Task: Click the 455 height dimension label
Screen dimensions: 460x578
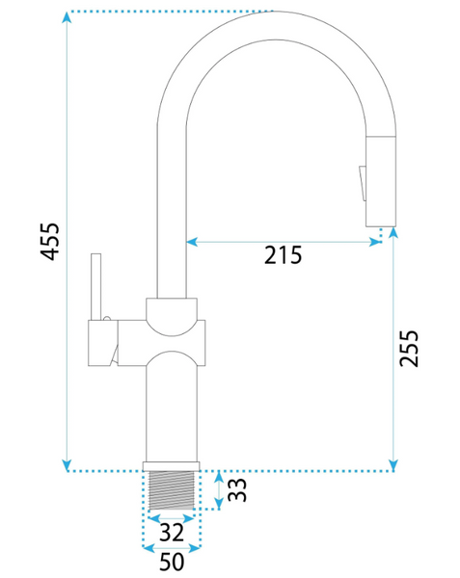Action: [x=50, y=242]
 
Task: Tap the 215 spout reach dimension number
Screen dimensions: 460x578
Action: [x=283, y=255]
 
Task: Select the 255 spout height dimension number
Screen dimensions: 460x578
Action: [x=410, y=349]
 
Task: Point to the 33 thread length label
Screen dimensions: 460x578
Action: [x=237, y=489]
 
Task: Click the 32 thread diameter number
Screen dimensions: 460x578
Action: [x=172, y=533]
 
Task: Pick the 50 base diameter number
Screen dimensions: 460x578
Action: [x=172, y=562]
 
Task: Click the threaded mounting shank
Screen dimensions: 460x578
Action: [x=172, y=490]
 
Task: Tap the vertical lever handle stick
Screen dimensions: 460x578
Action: [x=95, y=287]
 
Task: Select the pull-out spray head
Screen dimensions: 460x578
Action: [x=381, y=181]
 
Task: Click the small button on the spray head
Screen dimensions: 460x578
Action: [x=363, y=183]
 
